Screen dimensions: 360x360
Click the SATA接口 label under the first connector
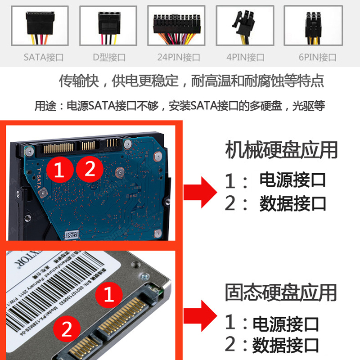tap(44, 58)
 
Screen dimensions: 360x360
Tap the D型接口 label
tap(109, 58)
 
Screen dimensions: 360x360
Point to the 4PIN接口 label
tap(245, 58)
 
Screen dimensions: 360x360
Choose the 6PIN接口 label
tap(317, 58)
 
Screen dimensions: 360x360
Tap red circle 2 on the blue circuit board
tap(90, 169)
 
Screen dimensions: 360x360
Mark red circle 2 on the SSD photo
tap(67, 331)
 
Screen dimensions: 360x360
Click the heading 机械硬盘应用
tap(281, 150)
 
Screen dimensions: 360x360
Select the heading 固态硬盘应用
tap(281, 292)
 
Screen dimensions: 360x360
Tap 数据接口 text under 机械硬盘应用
tap(292, 204)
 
